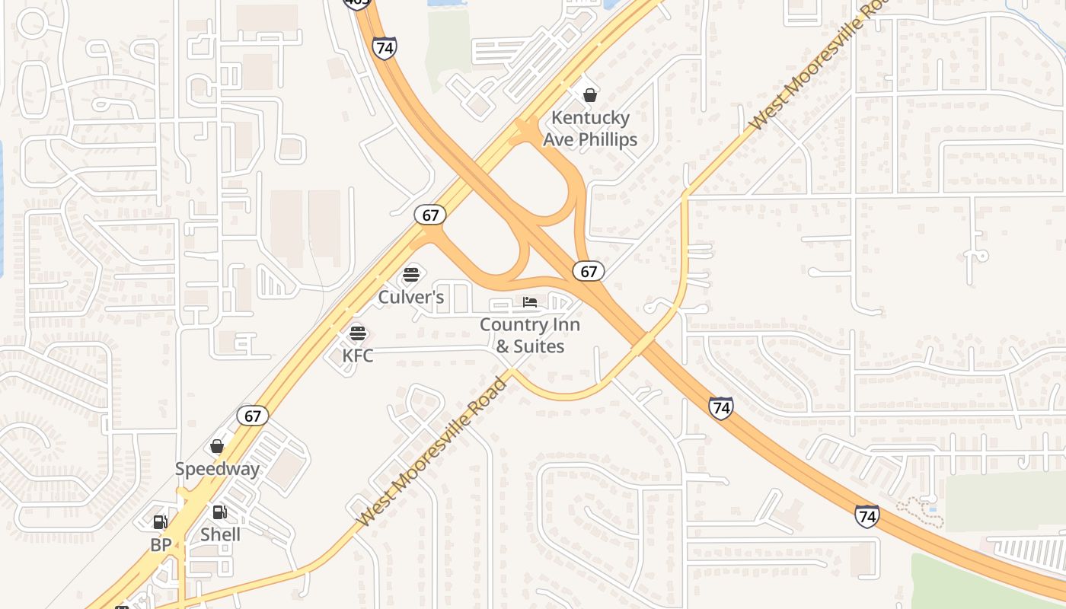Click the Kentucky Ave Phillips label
tap(590, 129)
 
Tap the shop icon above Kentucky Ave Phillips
tap(589, 95)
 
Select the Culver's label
tap(411, 297)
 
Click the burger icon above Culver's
tap(411, 274)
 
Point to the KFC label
tap(358, 356)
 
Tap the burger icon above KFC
tap(358, 333)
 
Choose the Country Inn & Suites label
tap(530, 336)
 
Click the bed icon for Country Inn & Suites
tap(530, 303)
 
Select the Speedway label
tap(217, 469)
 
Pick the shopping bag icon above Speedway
tap(217, 446)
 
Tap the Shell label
tap(220, 534)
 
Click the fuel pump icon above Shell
tap(219, 512)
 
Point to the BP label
tap(161, 545)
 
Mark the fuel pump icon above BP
tap(160, 522)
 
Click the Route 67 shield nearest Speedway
tap(253, 416)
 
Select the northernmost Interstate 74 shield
tap(385, 48)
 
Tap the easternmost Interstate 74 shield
tap(867, 516)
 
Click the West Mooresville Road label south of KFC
tap(432, 452)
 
